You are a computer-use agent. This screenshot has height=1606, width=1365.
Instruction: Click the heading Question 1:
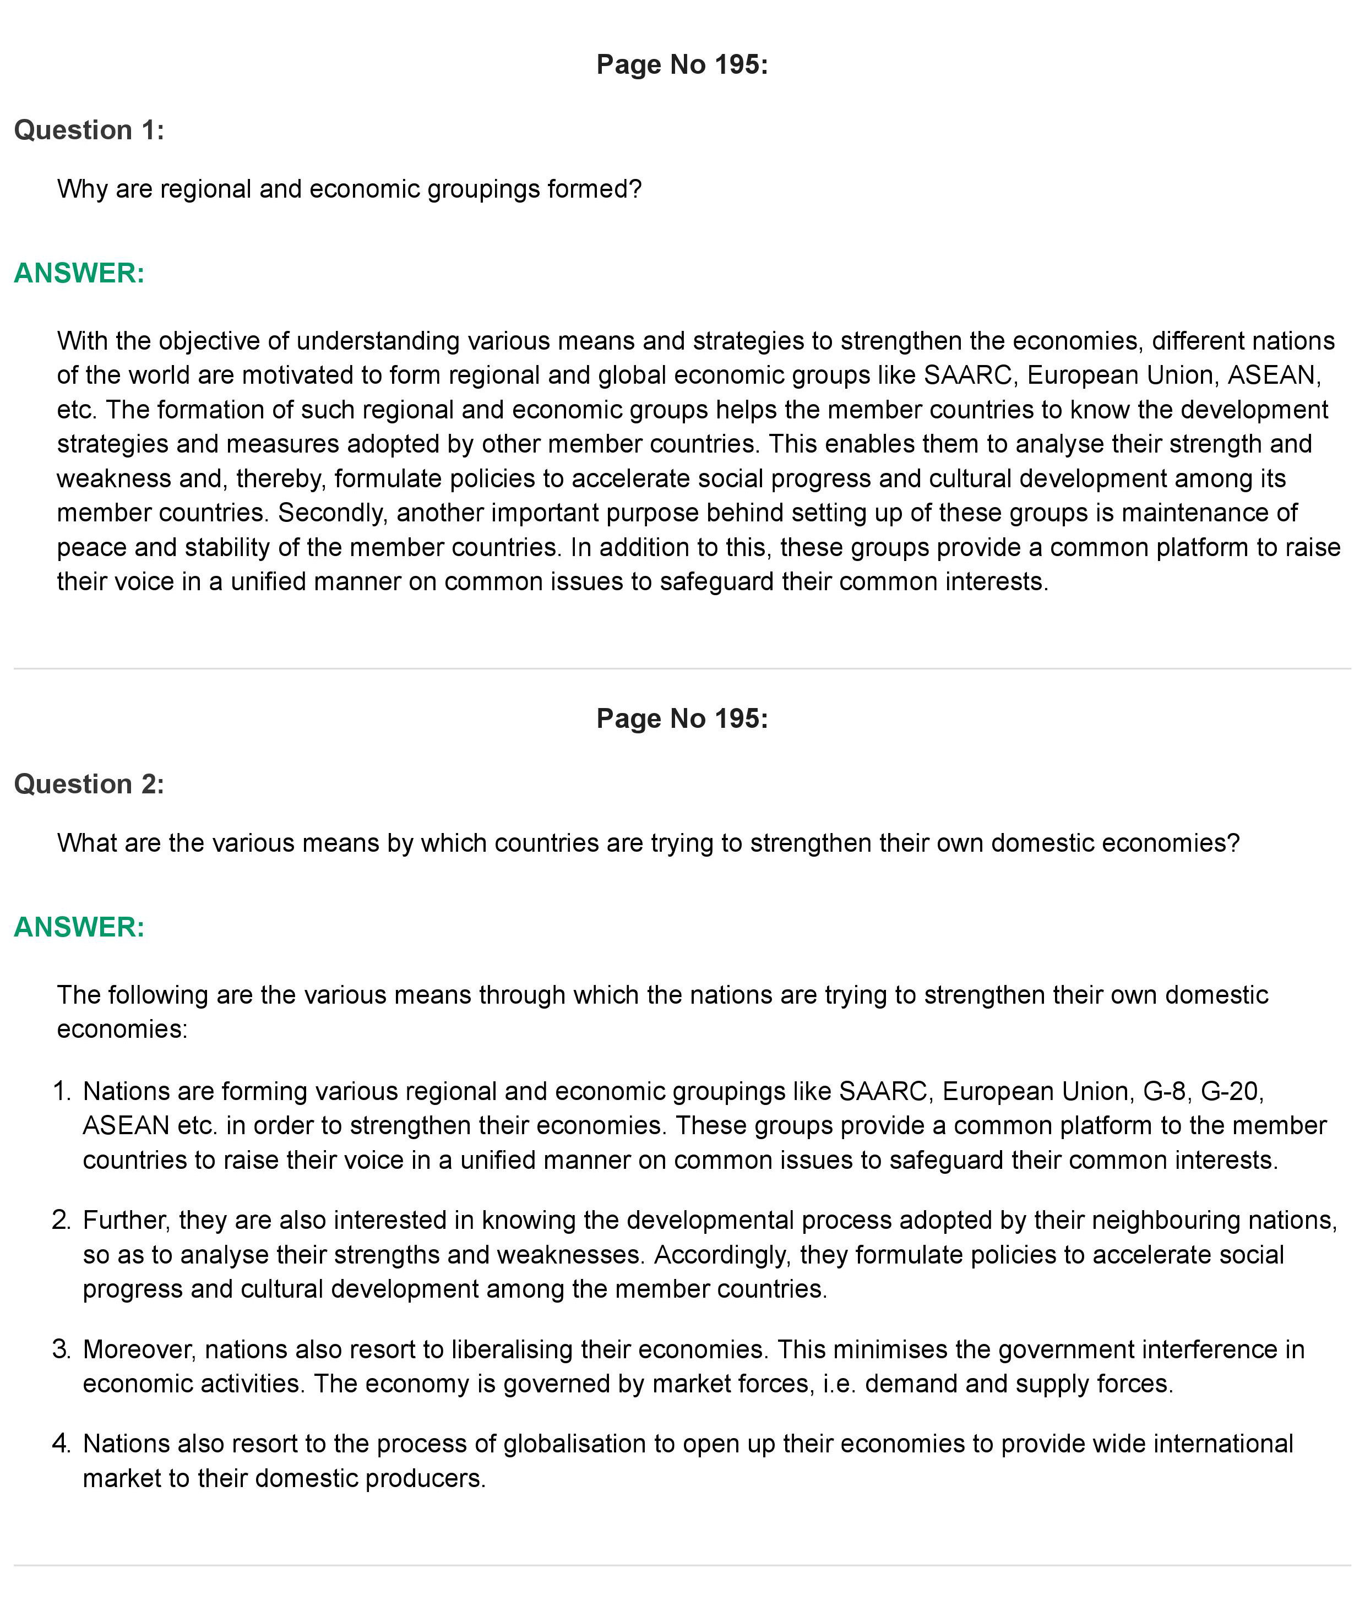tap(89, 130)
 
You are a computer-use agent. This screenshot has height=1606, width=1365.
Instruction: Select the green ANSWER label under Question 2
tap(79, 927)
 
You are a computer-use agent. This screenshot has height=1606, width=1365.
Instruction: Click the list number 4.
tap(61, 1444)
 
